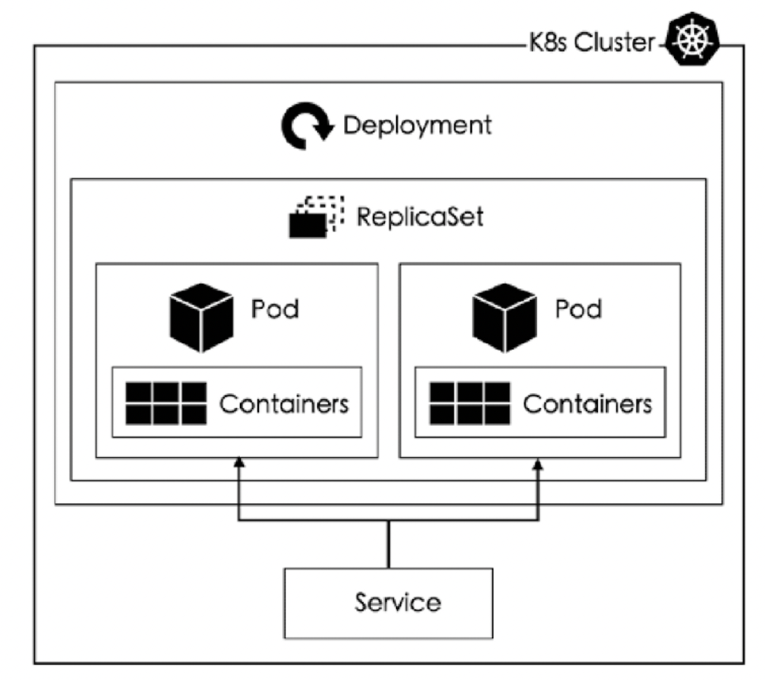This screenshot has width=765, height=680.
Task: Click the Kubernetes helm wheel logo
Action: (692, 39)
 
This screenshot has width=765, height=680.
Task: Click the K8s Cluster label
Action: (592, 42)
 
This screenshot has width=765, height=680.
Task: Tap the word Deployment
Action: (417, 125)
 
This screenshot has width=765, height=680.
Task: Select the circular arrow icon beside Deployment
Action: (307, 126)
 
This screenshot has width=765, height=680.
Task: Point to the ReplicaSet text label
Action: (420, 217)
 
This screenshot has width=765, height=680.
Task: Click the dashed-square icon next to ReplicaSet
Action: (317, 217)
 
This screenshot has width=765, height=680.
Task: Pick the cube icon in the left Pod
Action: (201, 317)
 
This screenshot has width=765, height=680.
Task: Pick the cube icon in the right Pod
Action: (505, 317)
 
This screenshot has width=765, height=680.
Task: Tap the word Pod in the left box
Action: (275, 309)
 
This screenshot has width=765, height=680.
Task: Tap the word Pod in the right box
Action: (578, 309)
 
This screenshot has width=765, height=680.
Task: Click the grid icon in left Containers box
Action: (166, 403)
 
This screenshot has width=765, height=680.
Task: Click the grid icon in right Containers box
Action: (470, 403)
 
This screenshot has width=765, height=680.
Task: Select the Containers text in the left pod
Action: (284, 404)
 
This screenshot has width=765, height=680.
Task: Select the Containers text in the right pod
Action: (587, 404)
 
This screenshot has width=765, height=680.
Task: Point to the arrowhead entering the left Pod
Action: (238, 462)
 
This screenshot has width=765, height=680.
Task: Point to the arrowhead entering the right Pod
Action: (538, 464)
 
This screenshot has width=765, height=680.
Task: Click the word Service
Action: (397, 602)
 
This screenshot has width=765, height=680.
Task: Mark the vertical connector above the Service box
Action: (388, 544)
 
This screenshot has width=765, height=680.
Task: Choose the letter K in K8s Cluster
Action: (536, 42)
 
